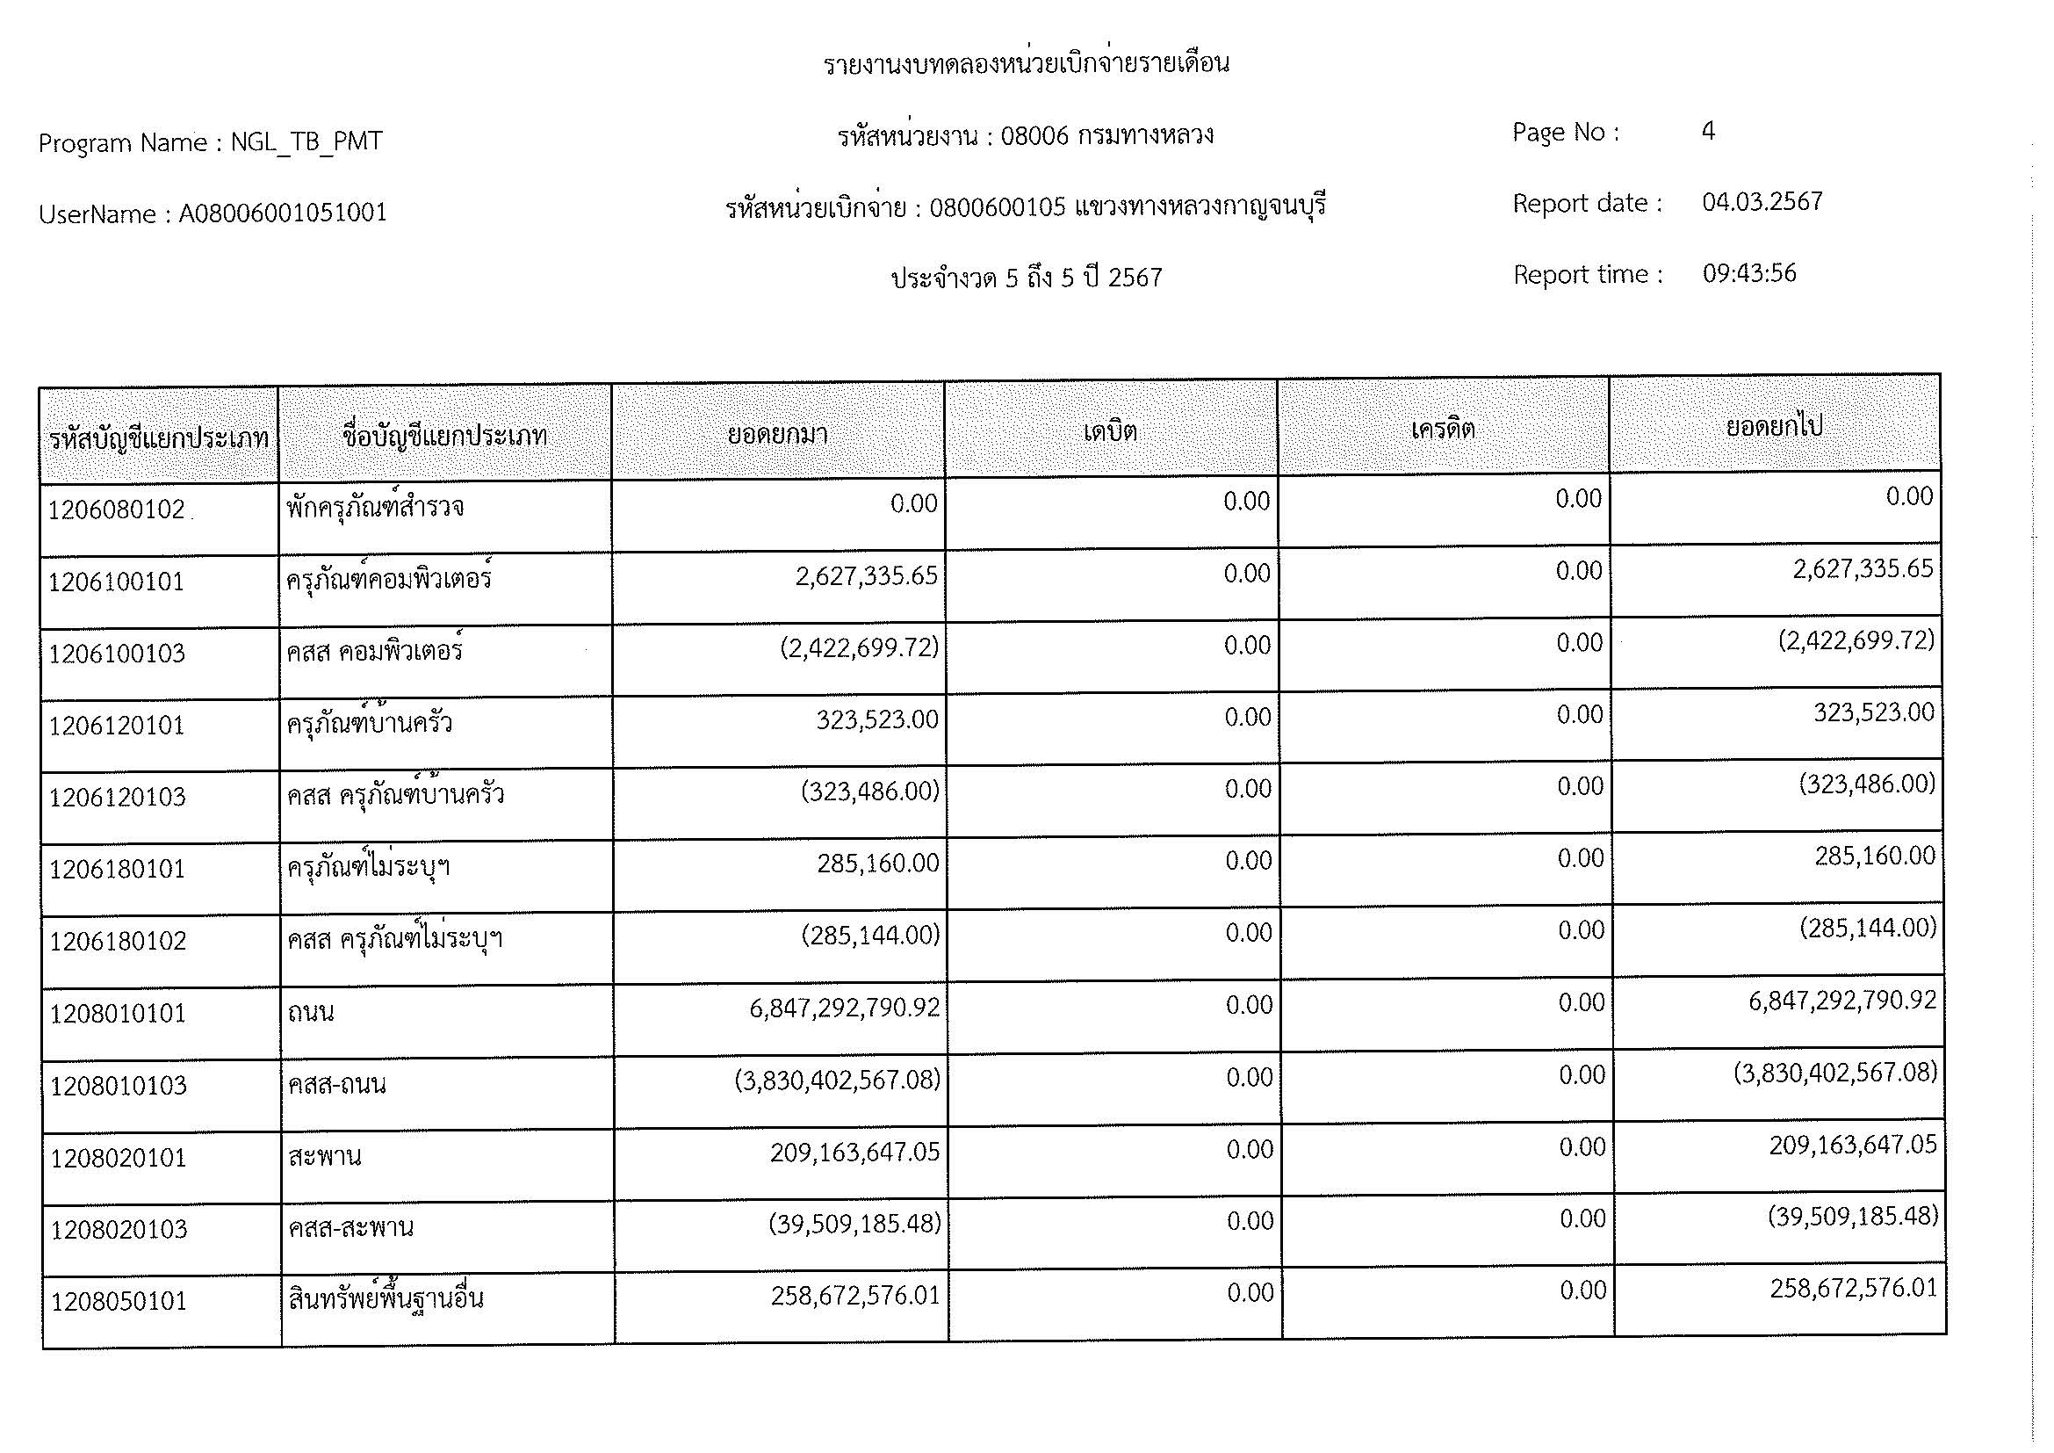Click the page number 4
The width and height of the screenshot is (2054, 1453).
coord(1708,132)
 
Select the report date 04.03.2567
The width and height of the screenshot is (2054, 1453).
coord(1762,202)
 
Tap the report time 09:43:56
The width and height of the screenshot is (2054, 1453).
coord(1749,273)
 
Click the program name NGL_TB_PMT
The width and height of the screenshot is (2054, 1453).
coord(306,141)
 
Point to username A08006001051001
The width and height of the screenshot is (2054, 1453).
coord(283,213)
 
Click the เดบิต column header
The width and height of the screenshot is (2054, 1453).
coord(1110,432)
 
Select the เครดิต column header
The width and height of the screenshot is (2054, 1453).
coord(1443,430)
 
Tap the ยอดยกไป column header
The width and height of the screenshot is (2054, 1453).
coord(1774,427)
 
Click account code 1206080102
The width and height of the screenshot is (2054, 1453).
coord(116,510)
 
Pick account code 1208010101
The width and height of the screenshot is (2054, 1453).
coord(117,1014)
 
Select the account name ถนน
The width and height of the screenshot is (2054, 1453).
coord(312,1013)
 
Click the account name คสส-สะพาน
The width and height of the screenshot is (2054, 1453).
coord(350,1226)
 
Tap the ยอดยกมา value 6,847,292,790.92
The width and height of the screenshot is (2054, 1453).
coord(845,1008)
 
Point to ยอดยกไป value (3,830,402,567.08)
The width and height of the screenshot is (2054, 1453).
coord(1834,1073)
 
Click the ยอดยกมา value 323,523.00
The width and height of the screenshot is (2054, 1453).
coord(876,719)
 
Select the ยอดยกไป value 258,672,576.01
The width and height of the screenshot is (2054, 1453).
coord(1853,1289)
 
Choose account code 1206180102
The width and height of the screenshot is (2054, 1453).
coord(117,941)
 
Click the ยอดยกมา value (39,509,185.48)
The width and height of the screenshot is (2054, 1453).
coord(854,1223)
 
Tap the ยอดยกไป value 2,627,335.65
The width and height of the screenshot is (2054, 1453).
coord(1863,569)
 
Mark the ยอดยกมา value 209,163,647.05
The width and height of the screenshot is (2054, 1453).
coord(854,1152)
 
